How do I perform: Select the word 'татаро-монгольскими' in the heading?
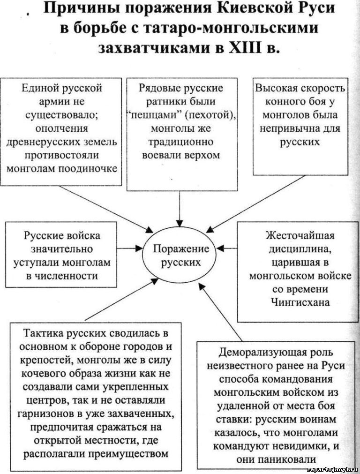(x=230, y=28)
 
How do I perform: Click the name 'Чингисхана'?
(x=300, y=302)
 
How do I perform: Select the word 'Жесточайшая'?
(x=300, y=235)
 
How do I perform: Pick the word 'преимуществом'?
(x=129, y=453)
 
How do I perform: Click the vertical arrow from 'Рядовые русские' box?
(x=180, y=209)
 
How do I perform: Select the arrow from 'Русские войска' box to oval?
(x=130, y=249)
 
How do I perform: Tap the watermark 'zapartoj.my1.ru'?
(x=332, y=470)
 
